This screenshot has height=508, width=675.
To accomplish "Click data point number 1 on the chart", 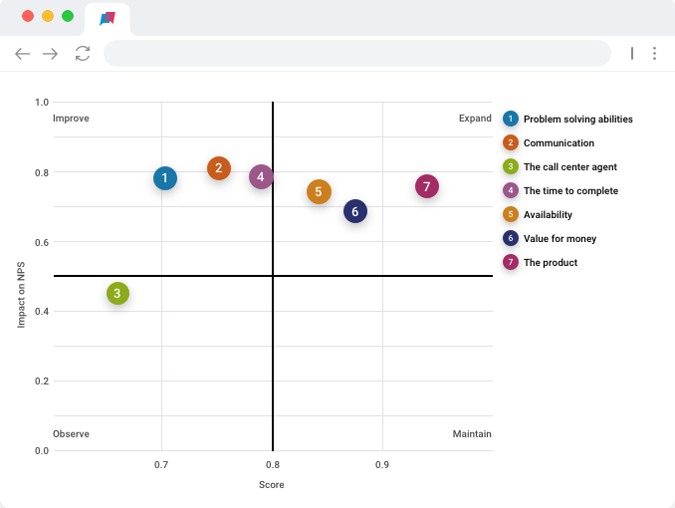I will pyautogui.click(x=165, y=178).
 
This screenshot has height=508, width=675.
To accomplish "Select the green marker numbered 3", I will pyautogui.click(x=117, y=293).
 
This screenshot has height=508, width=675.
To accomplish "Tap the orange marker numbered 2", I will pyautogui.click(x=219, y=168).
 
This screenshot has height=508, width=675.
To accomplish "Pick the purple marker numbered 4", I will pyautogui.click(x=261, y=177).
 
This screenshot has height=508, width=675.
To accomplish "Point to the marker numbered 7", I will pyautogui.click(x=426, y=186).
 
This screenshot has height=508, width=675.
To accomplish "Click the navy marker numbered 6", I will pyautogui.click(x=355, y=211).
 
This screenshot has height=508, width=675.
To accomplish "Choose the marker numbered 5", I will pyautogui.click(x=319, y=192).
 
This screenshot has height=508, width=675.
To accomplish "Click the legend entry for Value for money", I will pyautogui.click(x=561, y=239).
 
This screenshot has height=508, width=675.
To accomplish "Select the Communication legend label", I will pyautogui.click(x=559, y=143).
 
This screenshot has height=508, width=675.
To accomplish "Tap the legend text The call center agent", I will pyautogui.click(x=570, y=167).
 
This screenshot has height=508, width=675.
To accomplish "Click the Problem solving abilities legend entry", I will pyautogui.click(x=577, y=120).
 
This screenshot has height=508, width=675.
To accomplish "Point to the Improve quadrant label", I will pyautogui.click(x=71, y=119).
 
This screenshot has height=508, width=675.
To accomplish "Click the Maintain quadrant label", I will pyautogui.click(x=472, y=434).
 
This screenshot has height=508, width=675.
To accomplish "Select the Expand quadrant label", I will pyautogui.click(x=475, y=119).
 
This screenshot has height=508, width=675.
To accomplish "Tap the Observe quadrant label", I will pyautogui.click(x=71, y=434).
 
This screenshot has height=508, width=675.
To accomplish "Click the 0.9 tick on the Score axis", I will pyautogui.click(x=382, y=465).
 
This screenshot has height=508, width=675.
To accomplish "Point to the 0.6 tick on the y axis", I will pyautogui.click(x=41, y=242).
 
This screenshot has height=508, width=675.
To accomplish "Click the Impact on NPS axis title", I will pyautogui.click(x=21, y=294).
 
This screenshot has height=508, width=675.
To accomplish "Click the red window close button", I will pyautogui.click(x=27, y=16).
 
